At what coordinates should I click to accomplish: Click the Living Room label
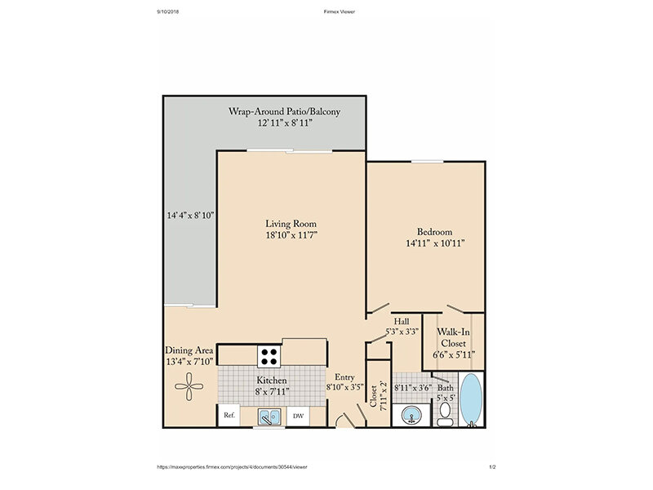click(x=291, y=224)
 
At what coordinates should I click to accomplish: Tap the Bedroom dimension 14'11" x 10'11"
click(x=435, y=243)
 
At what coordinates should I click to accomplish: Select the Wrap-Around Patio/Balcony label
click(x=284, y=112)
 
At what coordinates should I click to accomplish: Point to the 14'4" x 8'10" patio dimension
click(x=190, y=216)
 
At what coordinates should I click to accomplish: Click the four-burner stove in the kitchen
click(x=269, y=357)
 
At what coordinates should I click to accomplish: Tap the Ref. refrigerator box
click(x=229, y=415)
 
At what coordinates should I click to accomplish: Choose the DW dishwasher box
click(x=298, y=416)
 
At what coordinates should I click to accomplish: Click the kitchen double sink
click(x=269, y=416)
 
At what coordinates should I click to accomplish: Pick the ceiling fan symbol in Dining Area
click(x=189, y=386)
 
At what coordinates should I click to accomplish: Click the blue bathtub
click(x=472, y=400)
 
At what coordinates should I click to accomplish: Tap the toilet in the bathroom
click(x=445, y=415)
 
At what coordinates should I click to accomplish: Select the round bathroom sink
click(x=411, y=416)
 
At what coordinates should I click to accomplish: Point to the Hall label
click(x=402, y=321)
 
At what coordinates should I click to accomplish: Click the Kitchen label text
click(x=272, y=380)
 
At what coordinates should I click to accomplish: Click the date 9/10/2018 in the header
click(x=168, y=11)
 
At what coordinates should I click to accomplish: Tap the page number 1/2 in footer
click(x=493, y=467)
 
